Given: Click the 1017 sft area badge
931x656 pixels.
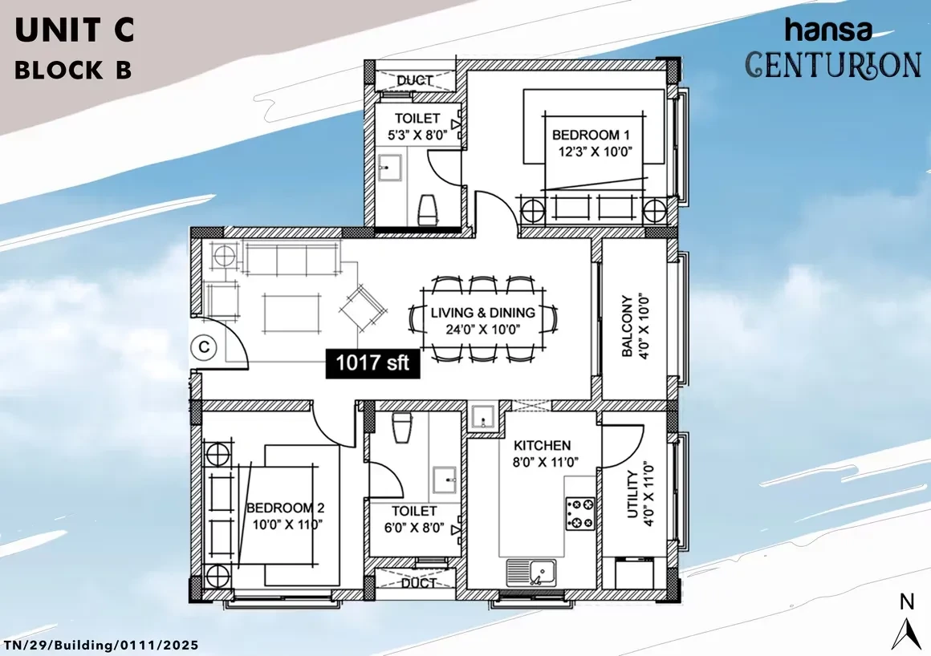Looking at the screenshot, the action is [x=372, y=363].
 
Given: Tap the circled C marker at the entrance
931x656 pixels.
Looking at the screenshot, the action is [x=204, y=347].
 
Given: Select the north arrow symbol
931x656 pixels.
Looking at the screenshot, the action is [x=906, y=634].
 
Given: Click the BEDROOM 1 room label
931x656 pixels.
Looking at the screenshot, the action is [x=591, y=136].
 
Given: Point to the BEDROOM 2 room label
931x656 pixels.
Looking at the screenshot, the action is [x=285, y=508].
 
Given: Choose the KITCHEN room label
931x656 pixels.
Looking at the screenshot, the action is [x=542, y=445].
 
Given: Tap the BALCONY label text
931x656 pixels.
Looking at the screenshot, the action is [x=626, y=326].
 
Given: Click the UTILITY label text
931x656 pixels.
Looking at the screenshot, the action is [x=632, y=494].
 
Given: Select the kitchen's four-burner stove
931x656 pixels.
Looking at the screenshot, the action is [x=579, y=513].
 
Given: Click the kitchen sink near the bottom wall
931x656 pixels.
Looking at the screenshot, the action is [x=531, y=573].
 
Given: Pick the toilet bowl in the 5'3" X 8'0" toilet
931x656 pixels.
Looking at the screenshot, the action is [x=428, y=209].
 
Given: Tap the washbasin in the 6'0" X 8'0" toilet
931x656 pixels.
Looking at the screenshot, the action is [x=445, y=480].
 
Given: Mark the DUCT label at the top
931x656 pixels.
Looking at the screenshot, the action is [x=414, y=80].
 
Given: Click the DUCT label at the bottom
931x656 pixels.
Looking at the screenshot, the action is [x=419, y=583].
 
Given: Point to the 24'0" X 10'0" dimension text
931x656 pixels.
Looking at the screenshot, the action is [x=482, y=330].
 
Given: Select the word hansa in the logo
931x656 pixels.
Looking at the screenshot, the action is [x=829, y=30].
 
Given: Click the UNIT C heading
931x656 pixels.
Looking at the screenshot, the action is [x=75, y=30].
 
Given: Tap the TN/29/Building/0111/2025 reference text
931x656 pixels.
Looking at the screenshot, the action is [x=101, y=646].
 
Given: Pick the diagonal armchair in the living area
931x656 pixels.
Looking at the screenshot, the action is [x=363, y=309].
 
